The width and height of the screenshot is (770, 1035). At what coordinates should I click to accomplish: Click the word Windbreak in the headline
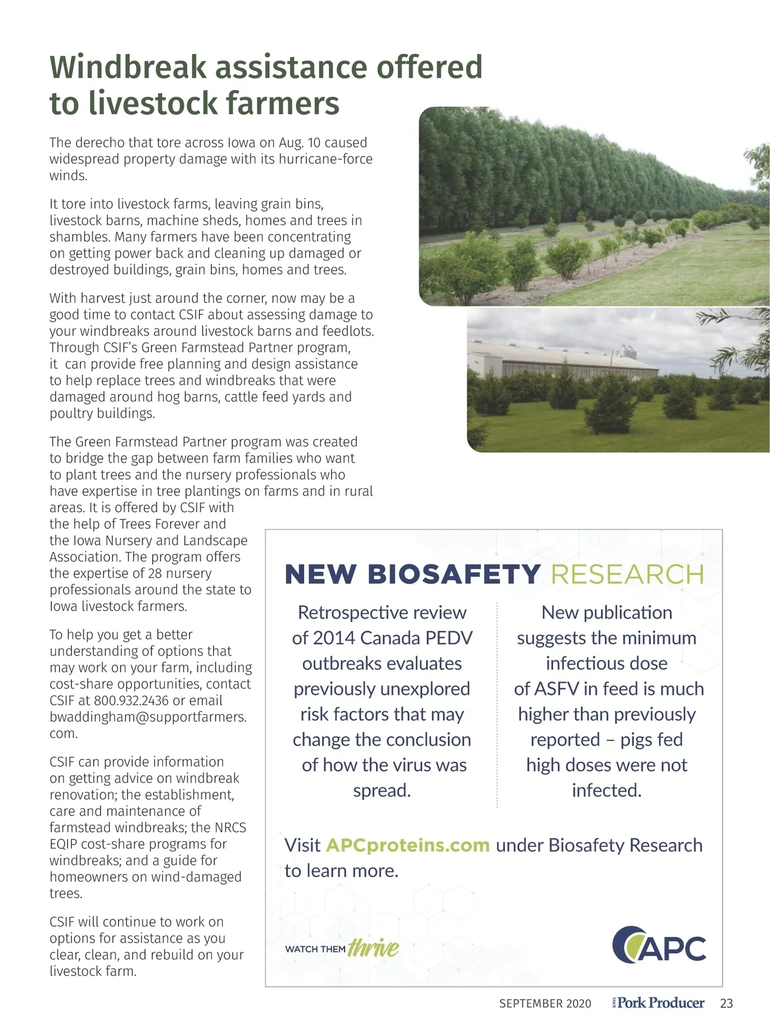128,67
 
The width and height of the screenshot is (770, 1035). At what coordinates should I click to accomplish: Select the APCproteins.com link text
407,845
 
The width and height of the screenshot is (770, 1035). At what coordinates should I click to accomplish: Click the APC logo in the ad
659,945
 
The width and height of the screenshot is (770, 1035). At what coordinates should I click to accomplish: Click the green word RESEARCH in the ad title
627,574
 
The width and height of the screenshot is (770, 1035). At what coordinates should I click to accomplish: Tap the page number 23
726,1004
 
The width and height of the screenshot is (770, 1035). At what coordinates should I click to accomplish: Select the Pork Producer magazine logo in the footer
659,1003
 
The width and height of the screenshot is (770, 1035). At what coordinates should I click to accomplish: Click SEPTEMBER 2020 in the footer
545,1004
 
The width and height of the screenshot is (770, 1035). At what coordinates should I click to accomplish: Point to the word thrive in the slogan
373,947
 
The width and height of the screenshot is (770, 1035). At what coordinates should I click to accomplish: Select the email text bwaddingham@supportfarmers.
148,717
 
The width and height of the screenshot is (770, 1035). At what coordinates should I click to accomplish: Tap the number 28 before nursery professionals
156,573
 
